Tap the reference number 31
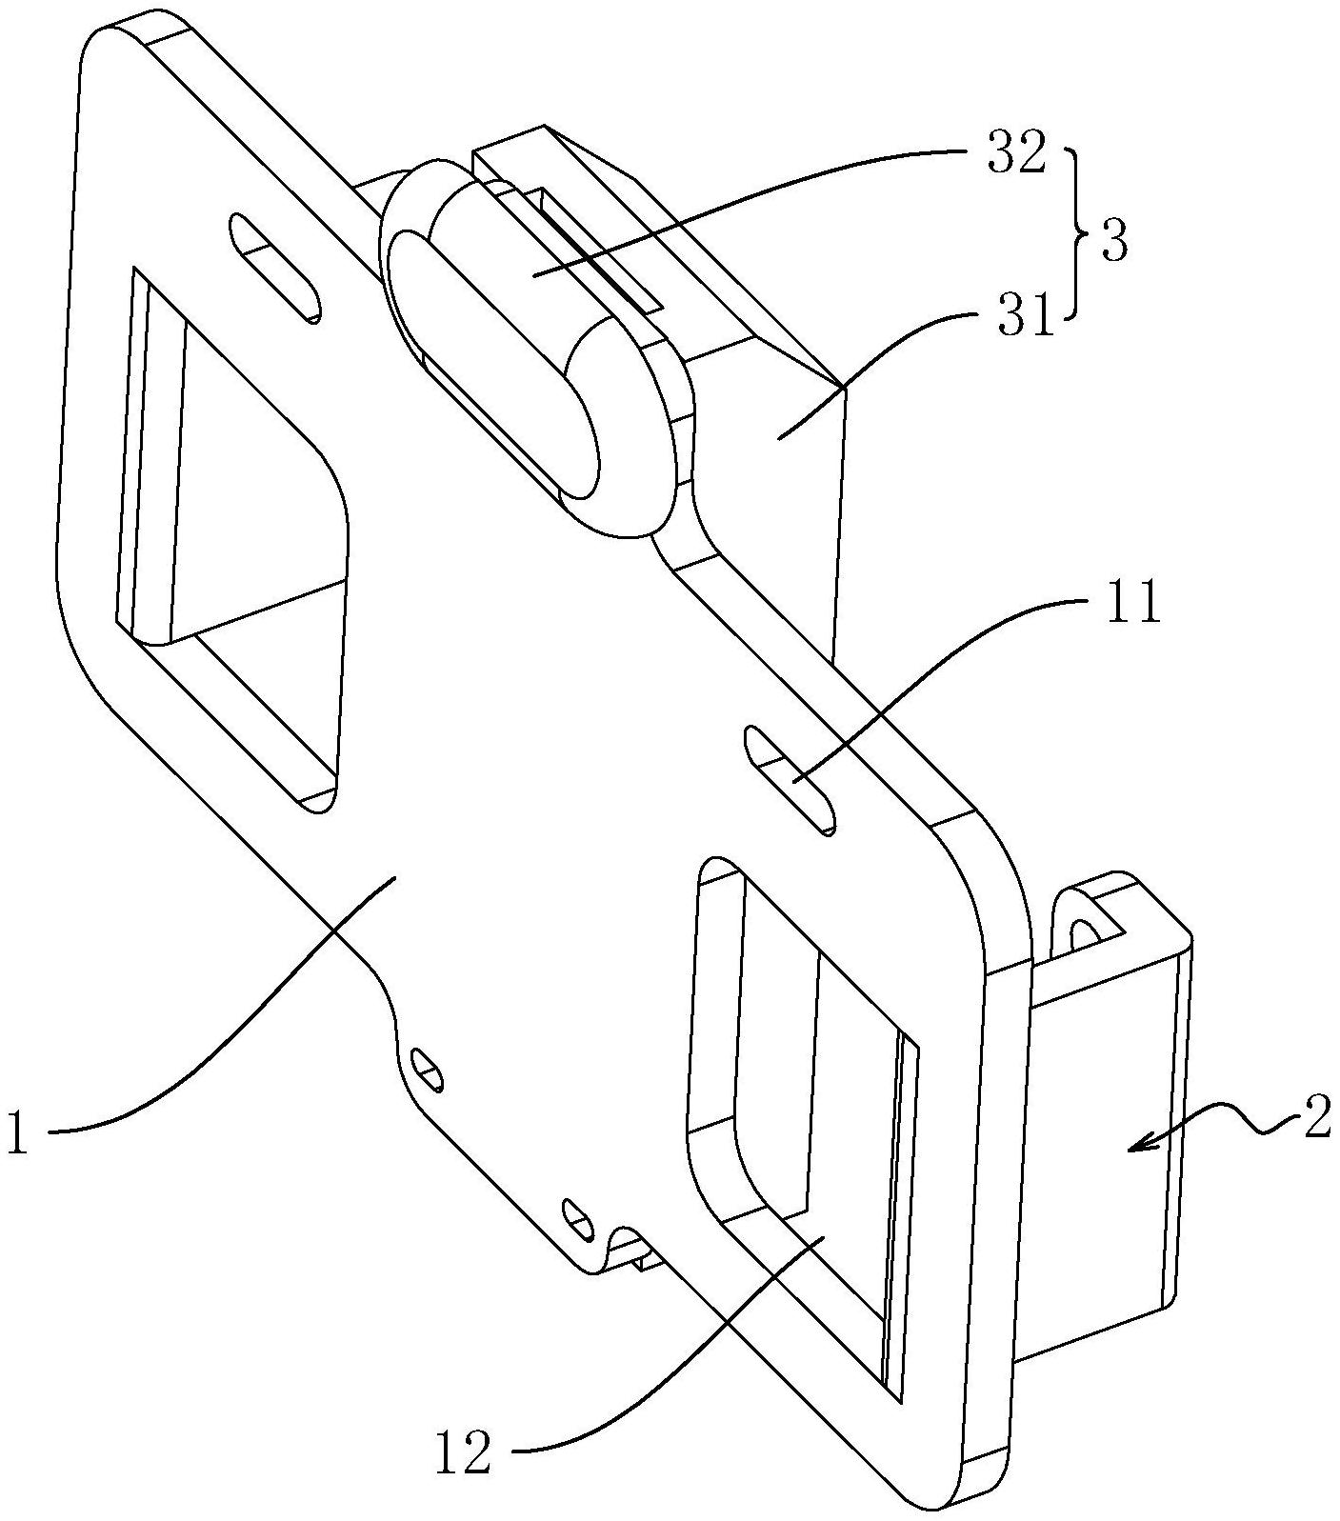[x=1027, y=317]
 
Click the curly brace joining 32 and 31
[x=1079, y=232]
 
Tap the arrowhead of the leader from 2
[x=1140, y=1145]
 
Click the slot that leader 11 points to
[x=790, y=780]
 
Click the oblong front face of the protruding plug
[x=493, y=363]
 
